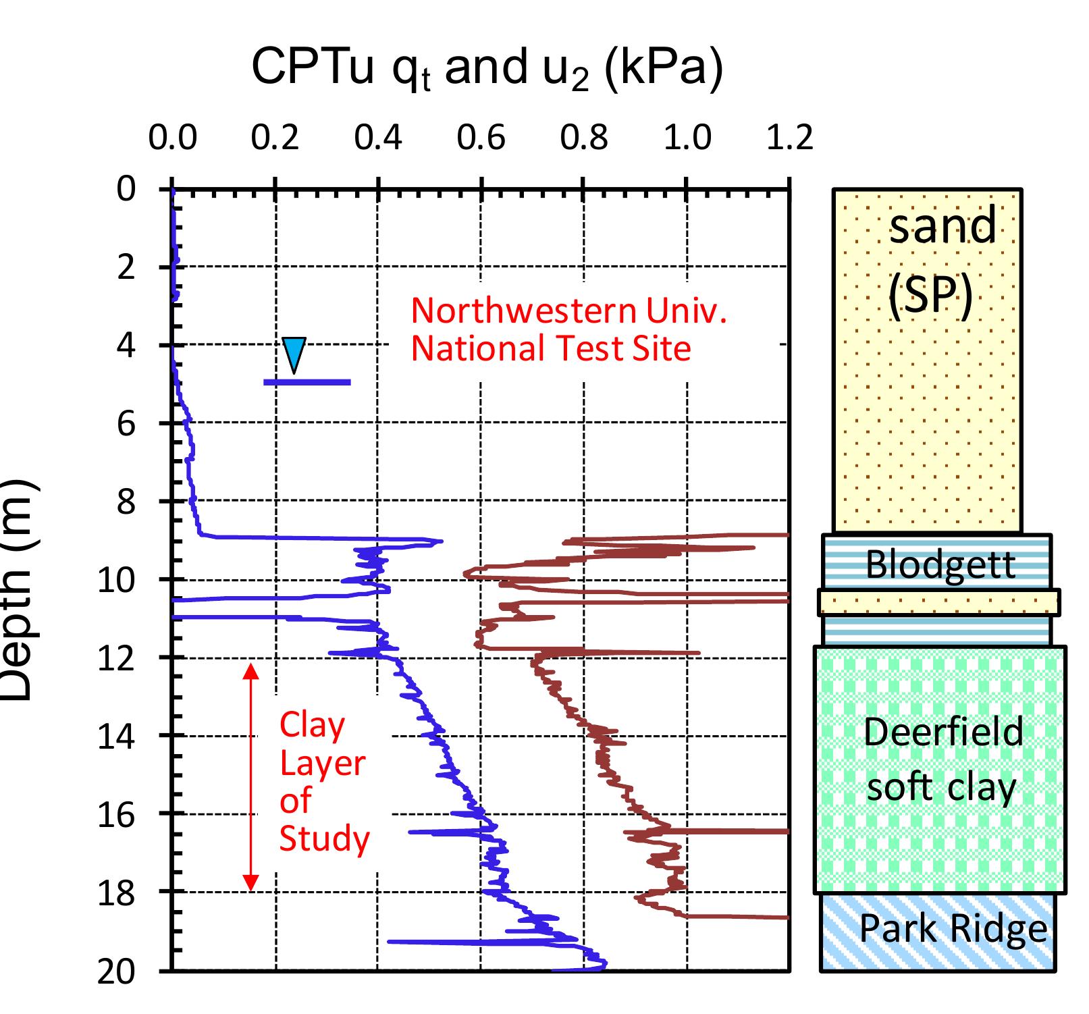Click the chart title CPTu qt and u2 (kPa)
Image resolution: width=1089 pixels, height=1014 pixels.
(x=487, y=69)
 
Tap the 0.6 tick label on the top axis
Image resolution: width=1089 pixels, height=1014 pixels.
(x=481, y=138)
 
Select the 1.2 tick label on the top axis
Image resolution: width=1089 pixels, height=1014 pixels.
(x=789, y=138)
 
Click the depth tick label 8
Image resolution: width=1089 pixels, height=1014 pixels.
(x=126, y=502)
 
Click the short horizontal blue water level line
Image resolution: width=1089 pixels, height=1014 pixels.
(x=307, y=382)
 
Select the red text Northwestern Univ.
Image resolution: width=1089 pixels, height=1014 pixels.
(x=568, y=311)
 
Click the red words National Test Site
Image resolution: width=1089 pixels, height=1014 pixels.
(x=551, y=349)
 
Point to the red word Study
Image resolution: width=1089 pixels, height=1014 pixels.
(x=324, y=839)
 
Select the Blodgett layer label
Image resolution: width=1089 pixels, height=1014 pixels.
(x=940, y=564)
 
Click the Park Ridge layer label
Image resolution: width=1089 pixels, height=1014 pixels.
(x=953, y=929)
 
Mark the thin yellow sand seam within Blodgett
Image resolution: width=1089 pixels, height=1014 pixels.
(x=938, y=602)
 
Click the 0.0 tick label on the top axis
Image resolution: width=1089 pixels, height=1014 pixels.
(x=173, y=138)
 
